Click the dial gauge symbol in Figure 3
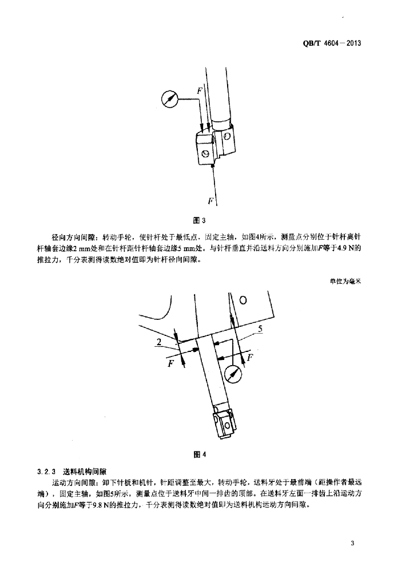(x=169, y=98)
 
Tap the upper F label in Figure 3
(x=199, y=90)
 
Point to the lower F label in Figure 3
(x=211, y=201)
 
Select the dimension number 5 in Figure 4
(x=260, y=328)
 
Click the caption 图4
(x=200, y=455)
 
